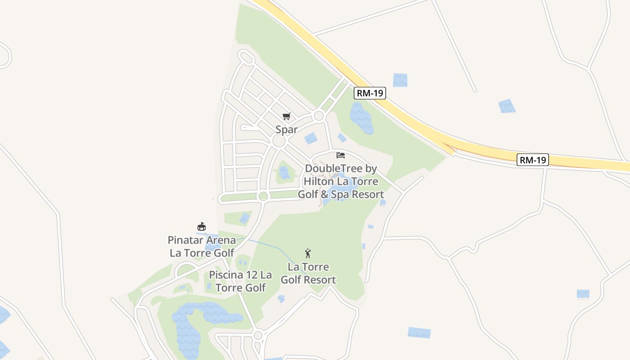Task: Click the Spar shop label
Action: tap(287, 130)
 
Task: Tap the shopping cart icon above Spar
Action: tap(287, 117)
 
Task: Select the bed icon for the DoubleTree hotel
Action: tap(341, 155)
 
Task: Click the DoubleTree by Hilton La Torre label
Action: tap(341, 181)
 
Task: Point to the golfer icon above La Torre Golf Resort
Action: tap(308, 253)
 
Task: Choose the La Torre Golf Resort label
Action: tap(308, 274)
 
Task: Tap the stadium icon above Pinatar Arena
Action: tap(202, 226)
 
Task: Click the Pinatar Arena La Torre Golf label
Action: tap(202, 246)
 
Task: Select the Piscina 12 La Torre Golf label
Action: tap(241, 281)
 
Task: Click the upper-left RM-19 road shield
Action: tap(369, 93)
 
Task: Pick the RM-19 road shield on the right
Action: tap(533, 160)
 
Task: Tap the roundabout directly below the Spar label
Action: tap(279, 141)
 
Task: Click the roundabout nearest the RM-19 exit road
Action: tap(319, 116)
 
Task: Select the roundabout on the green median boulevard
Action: tap(263, 196)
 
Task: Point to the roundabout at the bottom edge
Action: tap(258, 335)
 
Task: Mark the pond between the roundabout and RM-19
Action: tap(361, 118)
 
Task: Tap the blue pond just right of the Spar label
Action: tap(310, 139)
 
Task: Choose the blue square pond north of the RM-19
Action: tap(400, 80)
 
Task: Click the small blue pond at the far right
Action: tap(583, 294)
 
